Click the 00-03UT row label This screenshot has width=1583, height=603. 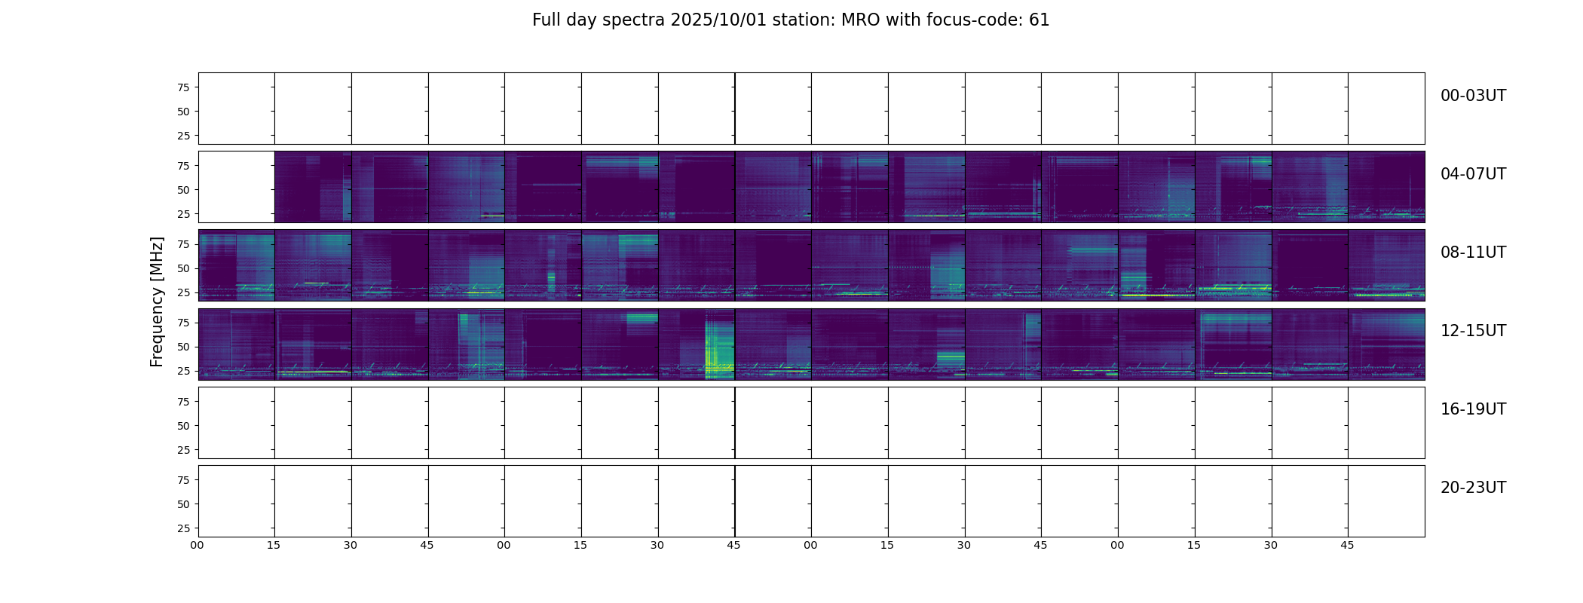point(1473,96)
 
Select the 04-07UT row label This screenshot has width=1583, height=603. point(1473,174)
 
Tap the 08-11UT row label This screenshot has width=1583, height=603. point(1473,253)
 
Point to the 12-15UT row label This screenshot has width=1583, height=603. point(1473,331)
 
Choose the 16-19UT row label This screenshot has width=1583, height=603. point(1473,409)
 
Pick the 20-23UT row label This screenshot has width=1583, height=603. point(1473,488)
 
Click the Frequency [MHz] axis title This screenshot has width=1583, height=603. point(157,301)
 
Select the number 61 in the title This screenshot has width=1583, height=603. point(1040,20)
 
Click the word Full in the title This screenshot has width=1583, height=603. point(547,20)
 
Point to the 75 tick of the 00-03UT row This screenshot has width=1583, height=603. point(182,87)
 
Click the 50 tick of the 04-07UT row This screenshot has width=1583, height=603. point(182,190)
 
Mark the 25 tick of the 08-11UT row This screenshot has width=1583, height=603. point(182,292)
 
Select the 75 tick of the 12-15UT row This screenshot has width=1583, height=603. point(182,323)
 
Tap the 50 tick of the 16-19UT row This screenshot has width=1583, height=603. point(182,426)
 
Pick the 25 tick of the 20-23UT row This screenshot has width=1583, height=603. point(182,528)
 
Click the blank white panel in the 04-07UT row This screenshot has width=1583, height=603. point(236,187)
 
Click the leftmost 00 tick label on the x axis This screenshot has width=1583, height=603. point(197,545)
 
